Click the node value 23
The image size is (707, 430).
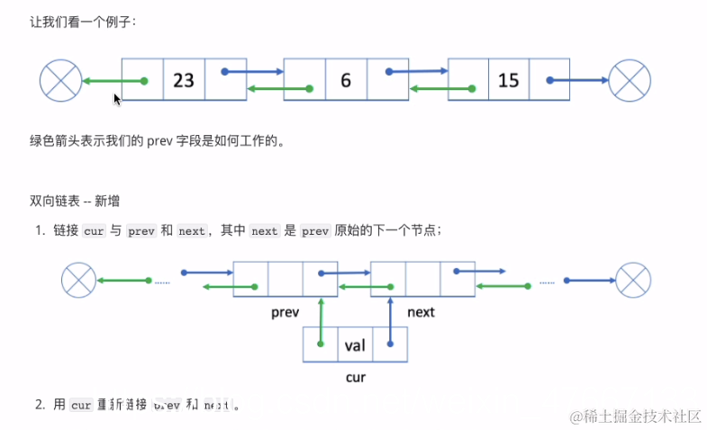(x=184, y=81)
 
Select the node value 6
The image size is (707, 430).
(x=346, y=81)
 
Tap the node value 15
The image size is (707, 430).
(x=509, y=81)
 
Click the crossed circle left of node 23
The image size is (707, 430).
(x=61, y=81)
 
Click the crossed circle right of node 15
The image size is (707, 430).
(x=630, y=81)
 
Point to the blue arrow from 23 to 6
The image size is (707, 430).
(x=253, y=72)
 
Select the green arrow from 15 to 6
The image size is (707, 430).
(x=441, y=89)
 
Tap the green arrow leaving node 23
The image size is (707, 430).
(x=113, y=82)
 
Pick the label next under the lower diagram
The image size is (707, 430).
(x=421, y=312)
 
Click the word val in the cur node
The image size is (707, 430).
(x=354, y=345)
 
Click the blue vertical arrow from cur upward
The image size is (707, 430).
(x=391, y=318)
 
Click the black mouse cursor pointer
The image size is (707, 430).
(x=117, y=99)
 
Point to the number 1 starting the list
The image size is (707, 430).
(x=41, y=231)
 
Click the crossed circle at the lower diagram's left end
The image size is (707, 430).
(x=78, y=280)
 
